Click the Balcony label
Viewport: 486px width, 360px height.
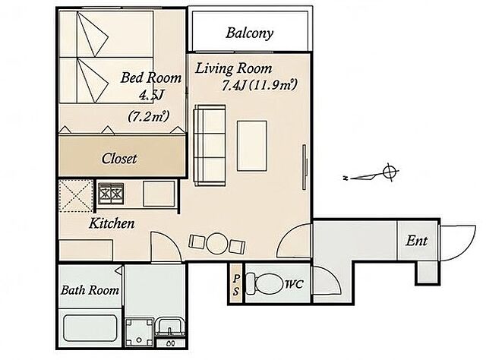click(x=250, y=33)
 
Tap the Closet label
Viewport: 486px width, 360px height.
click(x=119, y=159)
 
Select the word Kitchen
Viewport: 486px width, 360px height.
click(x=112, y=223)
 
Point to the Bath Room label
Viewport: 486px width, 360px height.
click(x=90, y=290)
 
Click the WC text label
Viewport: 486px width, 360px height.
click(x=294, y=284)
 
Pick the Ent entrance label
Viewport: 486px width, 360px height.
click(x=417, y=241)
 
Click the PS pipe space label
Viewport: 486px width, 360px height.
click(x=236, y=285)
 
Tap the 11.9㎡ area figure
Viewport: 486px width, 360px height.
click(x=273, y=85)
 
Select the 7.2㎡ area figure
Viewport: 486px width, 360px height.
click(x=149, y=117)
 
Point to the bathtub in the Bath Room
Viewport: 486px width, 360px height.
click(x=90, y=328)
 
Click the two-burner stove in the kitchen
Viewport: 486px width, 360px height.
click(x=111, y=194)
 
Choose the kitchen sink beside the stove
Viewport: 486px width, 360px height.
click(x=159, y=194)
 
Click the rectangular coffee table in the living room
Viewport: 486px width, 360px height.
click(x=252, y=146)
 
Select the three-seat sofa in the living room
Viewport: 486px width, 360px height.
click(x=210, y=145)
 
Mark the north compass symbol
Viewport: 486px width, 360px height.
click(x=371, y=174)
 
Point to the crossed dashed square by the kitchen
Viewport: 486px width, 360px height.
click(x=76, y=196)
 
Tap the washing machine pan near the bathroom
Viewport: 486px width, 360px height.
click(x=140, y=332)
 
